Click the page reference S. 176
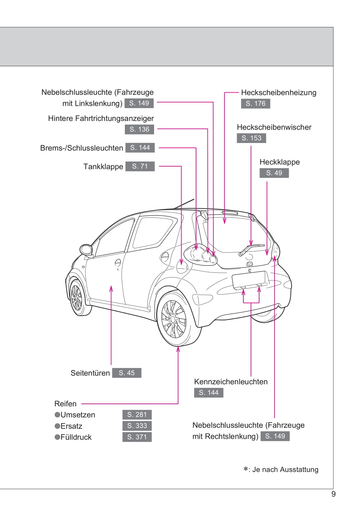click(255, 104)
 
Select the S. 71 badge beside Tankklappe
click(140, 166)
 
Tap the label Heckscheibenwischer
click(274, 127)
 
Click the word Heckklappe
click(279, 162)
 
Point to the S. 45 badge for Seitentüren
click(126, 373)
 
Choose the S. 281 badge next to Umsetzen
click(137, 415)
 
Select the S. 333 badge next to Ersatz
click(137, 426)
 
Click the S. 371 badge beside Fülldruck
click(137, 437)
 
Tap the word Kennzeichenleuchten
click(231, 382)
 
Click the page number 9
click(333, 494)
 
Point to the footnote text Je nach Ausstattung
click(285, 470)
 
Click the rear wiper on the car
click(251, 249)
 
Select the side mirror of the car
click(86, 250)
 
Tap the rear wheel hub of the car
click(173, 319)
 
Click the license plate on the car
click(249, 279)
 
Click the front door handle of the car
click(118, 262)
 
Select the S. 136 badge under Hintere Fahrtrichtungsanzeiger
click(140, 129)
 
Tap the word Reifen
click(65, 404)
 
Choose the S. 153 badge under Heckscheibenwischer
click(251, 138)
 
